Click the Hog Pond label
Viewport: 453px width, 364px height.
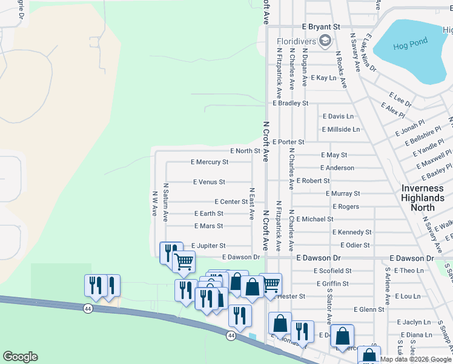410,42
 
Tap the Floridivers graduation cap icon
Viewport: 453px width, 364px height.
325,41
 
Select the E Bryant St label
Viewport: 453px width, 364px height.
322,27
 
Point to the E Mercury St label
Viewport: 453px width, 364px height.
209,162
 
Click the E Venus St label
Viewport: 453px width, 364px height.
208,181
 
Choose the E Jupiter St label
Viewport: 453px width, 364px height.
208,246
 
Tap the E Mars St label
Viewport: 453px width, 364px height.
208,226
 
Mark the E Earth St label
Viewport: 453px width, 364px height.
208,214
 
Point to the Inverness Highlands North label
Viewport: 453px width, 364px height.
423,198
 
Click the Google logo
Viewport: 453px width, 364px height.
20,357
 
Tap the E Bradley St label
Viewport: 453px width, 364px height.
290,103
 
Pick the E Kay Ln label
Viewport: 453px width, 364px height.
323,78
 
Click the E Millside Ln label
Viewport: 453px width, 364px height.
340,129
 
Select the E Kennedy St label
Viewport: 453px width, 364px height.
351,232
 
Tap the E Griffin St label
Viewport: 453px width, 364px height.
332,283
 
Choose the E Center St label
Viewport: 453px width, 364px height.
231,201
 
